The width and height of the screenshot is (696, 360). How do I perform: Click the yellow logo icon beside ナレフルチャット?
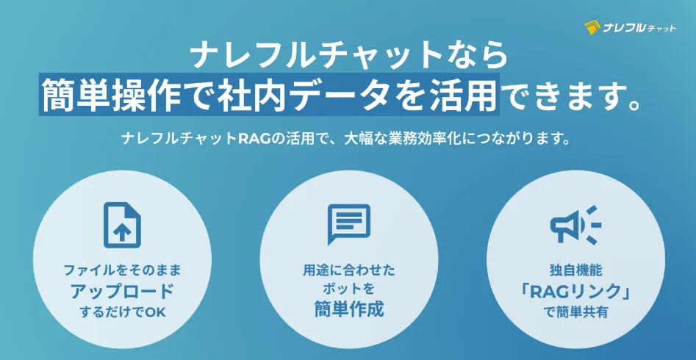click(x=592, y=28)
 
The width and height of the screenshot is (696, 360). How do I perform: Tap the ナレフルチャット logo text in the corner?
click(x=639, y=29)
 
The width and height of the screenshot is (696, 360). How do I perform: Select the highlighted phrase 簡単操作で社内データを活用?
click(x=268, y=94)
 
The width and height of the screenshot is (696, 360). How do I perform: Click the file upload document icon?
click(x=122, y=225)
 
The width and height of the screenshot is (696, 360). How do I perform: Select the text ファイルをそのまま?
click(x=123, y=270)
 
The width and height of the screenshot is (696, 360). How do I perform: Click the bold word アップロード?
click(x=123, y=291)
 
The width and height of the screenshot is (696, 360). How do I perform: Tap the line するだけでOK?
click(x=123, y=312)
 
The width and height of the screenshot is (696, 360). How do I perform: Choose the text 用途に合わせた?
click(x=348, y=270)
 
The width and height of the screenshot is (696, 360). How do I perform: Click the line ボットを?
click(x=348, y=289)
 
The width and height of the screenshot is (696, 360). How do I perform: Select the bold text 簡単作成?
click(x=348, y=309)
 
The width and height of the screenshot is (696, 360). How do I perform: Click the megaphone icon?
click(x=575, y=225)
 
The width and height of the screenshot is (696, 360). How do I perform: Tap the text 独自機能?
click(x=575, y=270)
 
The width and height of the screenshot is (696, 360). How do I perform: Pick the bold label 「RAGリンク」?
click(x=575, y=291)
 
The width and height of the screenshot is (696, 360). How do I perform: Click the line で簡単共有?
click(x=575, y=312)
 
